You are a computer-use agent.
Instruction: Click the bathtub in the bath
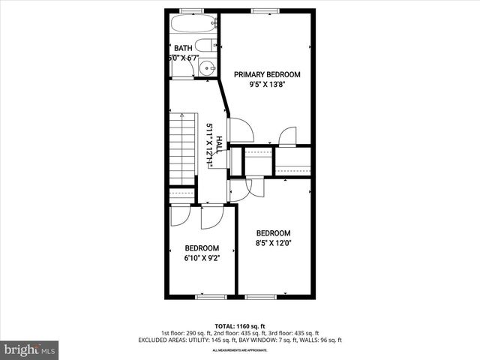click(193, 22)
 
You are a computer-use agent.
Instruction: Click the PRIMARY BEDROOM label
click(267, 74)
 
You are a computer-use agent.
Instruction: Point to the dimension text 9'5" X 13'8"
click(267, 85)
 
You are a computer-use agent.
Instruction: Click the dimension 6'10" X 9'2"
click(202, 259)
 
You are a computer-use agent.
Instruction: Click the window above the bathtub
click(192, 10)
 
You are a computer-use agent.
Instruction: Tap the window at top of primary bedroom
click(262, 10)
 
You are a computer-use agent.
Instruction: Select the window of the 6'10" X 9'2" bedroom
click(210, 296)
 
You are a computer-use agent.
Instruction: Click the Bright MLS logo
click(30, 349)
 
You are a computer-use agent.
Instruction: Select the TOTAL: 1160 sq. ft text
click(240, 325)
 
